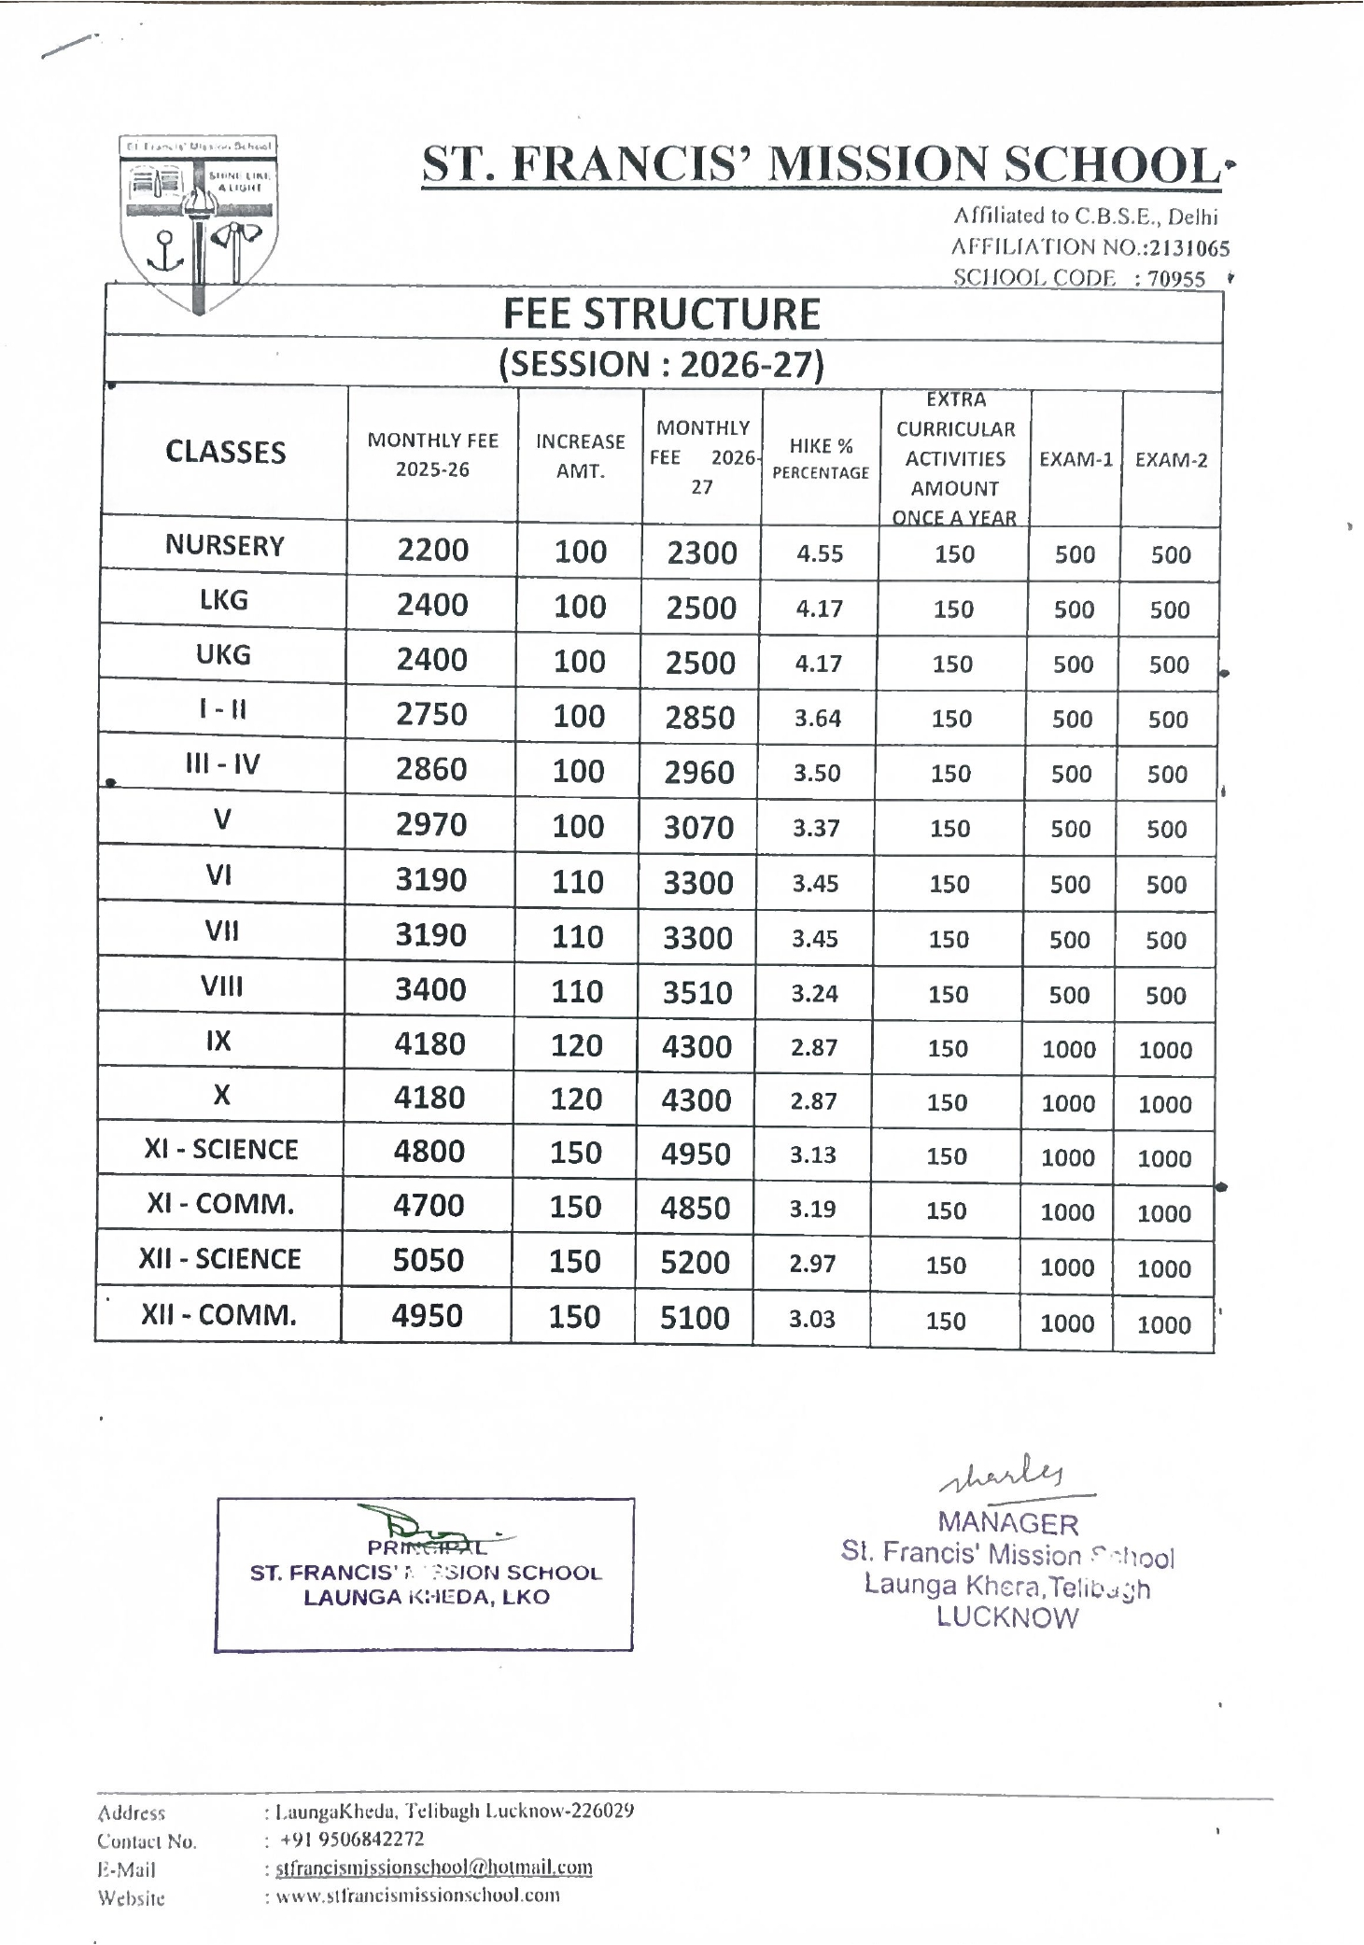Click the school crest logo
coord(198,224)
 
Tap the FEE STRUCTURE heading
coord(662,315)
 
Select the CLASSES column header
coord(226,453)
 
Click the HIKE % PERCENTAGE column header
coord(821,458)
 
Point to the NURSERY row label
coord(225,546)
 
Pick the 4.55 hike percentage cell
coord(820,554)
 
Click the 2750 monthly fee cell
coord(431,715)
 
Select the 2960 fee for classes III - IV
coord(699,773)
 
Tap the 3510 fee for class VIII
coord(697,993)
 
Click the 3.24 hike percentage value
coord(815,994)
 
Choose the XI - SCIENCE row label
coord(221,1150)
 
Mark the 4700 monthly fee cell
coord(429,1206)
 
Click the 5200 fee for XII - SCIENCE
coord(695,1263)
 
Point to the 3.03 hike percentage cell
coord(812,1319)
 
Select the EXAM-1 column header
coord(1076,459)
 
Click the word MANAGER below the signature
coord(1008,1524)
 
